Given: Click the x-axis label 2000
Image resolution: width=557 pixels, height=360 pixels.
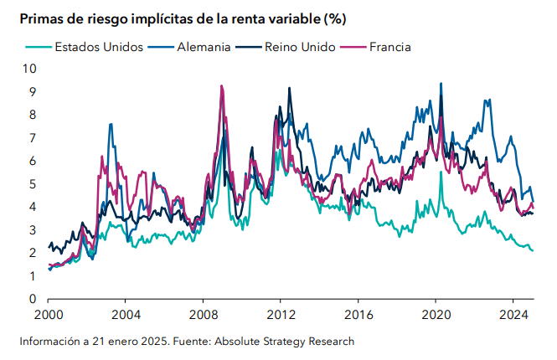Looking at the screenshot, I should click(48, 316).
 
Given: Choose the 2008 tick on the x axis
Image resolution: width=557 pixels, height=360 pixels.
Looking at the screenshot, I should click(203, 316).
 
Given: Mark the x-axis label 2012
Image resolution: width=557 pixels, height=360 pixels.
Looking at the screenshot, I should click(281, 316).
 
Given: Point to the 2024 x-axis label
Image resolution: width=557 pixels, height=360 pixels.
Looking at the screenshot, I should click(513, 316).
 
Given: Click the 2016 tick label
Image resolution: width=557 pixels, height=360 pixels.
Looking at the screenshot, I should click(358, 316).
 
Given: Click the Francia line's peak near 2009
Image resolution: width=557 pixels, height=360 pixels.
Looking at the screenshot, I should click(221, 86).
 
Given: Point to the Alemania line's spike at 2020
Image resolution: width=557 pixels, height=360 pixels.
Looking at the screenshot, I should click(441, 84).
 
